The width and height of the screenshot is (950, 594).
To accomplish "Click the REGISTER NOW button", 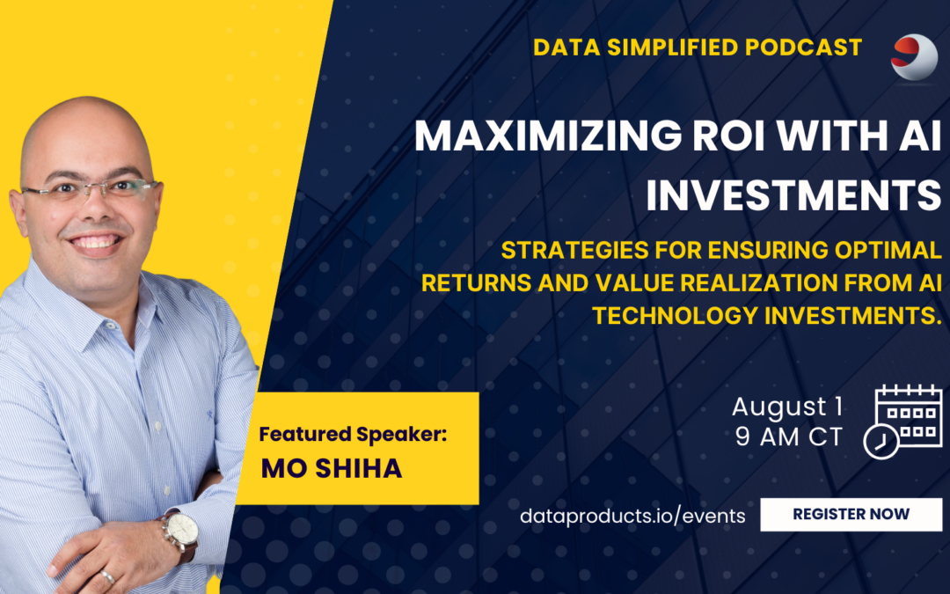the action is tap(851, 515).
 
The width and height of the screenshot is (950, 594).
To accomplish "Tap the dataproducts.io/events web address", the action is tap(632, 516).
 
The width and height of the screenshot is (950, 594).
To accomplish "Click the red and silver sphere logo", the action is tap(914, 57).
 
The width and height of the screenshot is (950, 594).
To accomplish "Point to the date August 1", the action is tap(787, 407).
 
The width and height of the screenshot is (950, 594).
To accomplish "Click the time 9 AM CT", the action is tap(789, 437).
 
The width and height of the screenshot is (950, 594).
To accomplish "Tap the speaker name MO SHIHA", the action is tap(332, 468).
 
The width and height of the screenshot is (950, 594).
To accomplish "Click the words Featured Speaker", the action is tap(353, 434).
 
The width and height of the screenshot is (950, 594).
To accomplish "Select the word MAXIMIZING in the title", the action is tap(548, 136).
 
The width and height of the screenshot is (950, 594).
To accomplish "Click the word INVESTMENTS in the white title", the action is tap(793, 194).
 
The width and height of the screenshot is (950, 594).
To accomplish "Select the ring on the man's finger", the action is tap(107, 576).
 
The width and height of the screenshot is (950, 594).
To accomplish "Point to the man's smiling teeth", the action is tap(95, 243).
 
